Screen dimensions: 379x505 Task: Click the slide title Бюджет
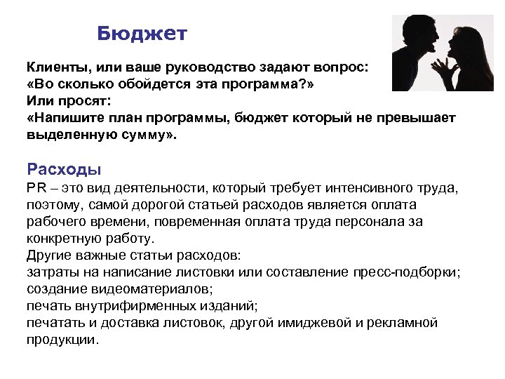tap(142, 34)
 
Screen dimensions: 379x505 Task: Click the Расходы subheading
tap(64, 168)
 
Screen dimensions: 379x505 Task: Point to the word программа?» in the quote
tap(276, 84)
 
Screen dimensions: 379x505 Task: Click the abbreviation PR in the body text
tap(36, 187)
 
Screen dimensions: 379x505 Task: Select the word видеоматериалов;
tap(144, 288)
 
